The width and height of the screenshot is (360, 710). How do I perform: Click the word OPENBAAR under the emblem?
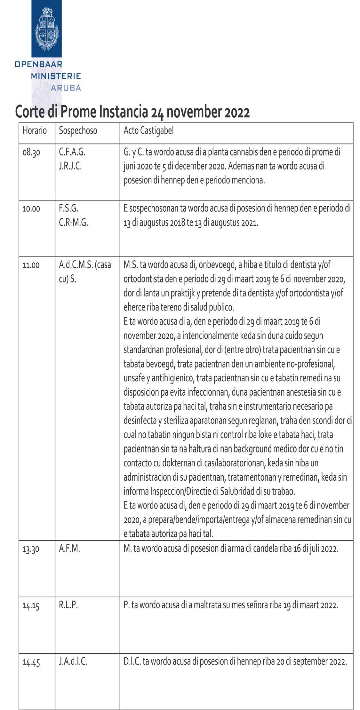click(x=38, y=64)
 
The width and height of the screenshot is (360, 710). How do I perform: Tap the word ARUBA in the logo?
click(x=66, y=88)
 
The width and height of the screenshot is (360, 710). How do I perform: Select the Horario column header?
click(x=35, y=131)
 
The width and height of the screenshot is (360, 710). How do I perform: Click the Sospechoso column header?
click(x=78, y=131)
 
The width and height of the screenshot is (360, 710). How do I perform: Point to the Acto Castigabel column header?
click(x=148, y=131)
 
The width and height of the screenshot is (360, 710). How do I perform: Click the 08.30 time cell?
click(x=31, y=153)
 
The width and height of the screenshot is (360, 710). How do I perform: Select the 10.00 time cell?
click(x=31, y=209)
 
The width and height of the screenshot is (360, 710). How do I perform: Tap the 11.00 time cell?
click(x=31, y=265)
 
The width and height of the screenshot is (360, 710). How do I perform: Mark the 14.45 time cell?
click(x=31, y=662)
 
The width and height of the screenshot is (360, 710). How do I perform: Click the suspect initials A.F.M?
click(x=69, y=548)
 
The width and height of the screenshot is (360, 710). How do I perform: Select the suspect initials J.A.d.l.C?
click(x=73, y=661)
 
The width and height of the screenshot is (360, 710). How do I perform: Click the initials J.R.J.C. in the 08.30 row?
click(x=70, y=166)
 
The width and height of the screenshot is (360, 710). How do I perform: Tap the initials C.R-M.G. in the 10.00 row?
click(x=73, y=223)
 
